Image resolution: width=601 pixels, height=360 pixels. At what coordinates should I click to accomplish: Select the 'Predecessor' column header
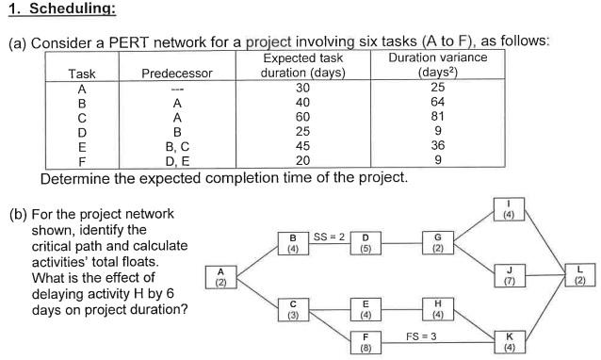tap(176, 74)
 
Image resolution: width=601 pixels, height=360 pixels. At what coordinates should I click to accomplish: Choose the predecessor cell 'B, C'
tap(176, 146)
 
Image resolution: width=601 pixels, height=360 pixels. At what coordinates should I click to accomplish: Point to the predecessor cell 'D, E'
tap(176, 160)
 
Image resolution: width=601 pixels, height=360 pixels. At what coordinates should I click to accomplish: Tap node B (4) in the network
tap(292, 243)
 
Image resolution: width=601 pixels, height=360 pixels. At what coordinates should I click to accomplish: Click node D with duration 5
tap(365, 243)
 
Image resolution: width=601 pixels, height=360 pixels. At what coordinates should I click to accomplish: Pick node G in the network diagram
tap(438, 243)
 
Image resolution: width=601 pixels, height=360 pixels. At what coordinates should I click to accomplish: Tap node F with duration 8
tap(365, 341)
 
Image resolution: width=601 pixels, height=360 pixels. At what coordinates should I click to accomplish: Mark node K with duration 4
tap(510, 341)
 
